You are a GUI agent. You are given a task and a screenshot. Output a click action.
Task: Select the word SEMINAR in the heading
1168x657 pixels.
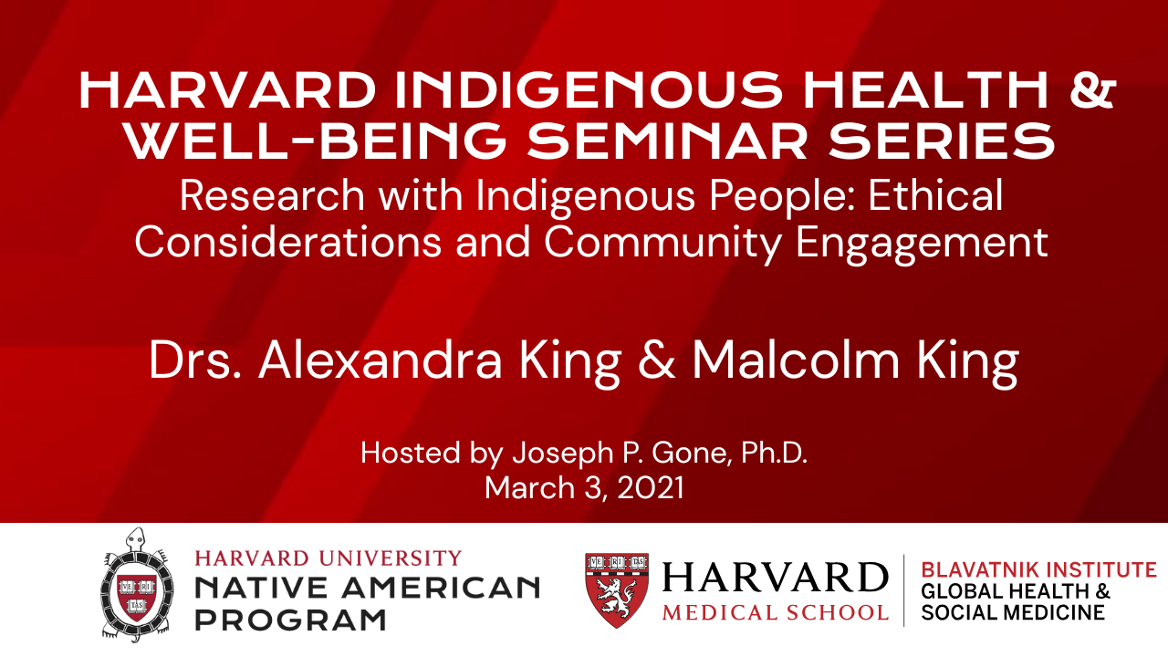click(x=667, y=141)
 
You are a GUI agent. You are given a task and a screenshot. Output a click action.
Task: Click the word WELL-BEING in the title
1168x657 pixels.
click(x=316, y=141)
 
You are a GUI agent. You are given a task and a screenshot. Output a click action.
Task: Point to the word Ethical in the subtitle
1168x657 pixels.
click(x=935, y=195)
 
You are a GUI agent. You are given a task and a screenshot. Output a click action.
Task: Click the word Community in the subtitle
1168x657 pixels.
click(x=663, y=243)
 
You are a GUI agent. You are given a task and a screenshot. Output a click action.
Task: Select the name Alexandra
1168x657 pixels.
click(x=381, y=360)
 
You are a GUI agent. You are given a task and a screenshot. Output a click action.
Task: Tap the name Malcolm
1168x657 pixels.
click(x=797, y=360)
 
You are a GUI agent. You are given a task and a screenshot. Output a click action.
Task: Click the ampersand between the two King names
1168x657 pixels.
click(x=656, y=360)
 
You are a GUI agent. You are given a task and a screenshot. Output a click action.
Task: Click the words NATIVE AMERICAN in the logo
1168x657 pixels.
click(x=367, y=588)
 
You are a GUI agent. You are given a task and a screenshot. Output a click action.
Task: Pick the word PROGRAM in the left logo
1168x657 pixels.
click(x=290, y=620)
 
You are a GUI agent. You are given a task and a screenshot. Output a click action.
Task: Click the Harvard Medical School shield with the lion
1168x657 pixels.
click(x=617, y=590)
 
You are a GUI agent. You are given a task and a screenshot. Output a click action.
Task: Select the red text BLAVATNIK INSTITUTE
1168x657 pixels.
click(x=1038, y=570)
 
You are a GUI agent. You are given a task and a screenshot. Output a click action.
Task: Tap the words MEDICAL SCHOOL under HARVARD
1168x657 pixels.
click(x=776, y=612)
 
